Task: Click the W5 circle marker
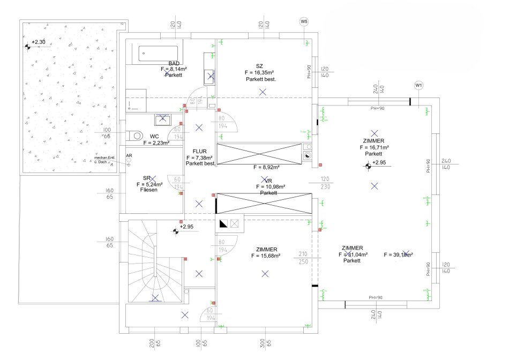pyautogui.click(x=304, y=21)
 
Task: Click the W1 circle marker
pyautogui.click(x=419, y=85)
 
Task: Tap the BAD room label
pyautogui.click(x=174, y=63)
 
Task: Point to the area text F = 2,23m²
pyautogui.click(x=156, y=143)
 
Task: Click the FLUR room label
pyautogui.click(x=200, y=152)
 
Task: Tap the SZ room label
pyautogui.click(x=259, y=66)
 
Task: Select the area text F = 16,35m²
pyautogui.click(x=259, y=72)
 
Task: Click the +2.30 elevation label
pyautogui.click(x=39, y=42)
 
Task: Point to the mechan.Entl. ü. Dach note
pyautogui.click(x=105, y=160)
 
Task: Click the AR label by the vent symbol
pyautogui.click(x=129, y=156)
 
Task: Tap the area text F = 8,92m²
pyautogui.click(x=268, y=167)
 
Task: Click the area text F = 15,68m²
pyautogui.click(x=266, y=256)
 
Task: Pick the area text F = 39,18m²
pyautogui.click(x=398, y=255)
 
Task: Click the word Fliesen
pyautogui.click(x=149, y=190)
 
